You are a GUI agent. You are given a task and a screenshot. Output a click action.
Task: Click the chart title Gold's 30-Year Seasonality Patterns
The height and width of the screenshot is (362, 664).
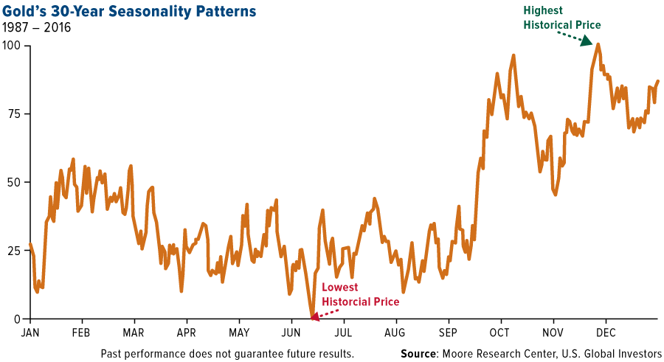pyautogui.click(x=130, y=12)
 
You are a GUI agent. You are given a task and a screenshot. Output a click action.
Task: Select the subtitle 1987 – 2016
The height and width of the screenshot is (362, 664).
pyautogui.click(x=41, y=29)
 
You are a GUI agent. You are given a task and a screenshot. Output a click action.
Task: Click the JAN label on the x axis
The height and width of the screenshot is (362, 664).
pyautogui.click(x=30, y=333)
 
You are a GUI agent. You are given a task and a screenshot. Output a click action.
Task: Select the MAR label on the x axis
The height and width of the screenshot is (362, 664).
pyautogui.click(x=134, y=333)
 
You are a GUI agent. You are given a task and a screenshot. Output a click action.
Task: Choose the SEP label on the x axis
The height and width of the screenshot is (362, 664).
pyautogui.click(x=449, y=333)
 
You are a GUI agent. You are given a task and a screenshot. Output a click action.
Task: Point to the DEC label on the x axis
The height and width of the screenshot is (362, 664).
pyautogui.click(x=606, y=333)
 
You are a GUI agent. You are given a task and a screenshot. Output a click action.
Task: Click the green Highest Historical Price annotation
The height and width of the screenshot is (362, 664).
pyautogui.click(x=561, y=18)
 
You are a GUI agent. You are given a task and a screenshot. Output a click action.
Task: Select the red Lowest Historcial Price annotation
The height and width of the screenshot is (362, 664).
pyautogui.click(x=359, y=294)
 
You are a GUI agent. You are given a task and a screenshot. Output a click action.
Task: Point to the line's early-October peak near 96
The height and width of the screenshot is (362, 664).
pyautogui.click(x=513, y=55)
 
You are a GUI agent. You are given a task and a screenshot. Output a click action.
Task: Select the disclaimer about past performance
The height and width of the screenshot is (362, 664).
pyautogui.click(x=227, y=353)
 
